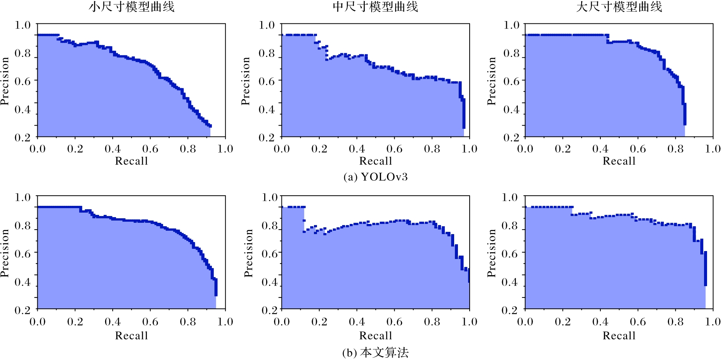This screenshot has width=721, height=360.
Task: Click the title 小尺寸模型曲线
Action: [x=132, y=7]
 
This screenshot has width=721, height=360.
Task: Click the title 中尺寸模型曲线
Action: [x=375, y=7]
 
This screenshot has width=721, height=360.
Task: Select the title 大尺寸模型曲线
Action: [x=619, y=7]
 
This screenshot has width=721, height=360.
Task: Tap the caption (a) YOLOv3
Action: [x=375, y=177]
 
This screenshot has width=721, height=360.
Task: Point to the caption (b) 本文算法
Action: [x=375, y=353]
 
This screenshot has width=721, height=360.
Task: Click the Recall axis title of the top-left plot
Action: [x=131, y=161]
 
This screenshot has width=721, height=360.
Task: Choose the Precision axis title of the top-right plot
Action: [x=491, y=81]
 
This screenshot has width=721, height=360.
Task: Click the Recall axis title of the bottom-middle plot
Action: [x=375, y=335]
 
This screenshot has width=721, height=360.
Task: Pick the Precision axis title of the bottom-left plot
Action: [x=5, y=253]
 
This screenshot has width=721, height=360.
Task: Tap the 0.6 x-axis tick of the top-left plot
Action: [x=150, y=149]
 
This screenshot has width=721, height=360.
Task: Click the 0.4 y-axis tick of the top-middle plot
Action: [x=266, y=109]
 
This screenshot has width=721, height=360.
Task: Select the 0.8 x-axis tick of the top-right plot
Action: [x=675, y=149]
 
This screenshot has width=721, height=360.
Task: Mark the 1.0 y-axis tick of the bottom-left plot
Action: [x=23, y=197]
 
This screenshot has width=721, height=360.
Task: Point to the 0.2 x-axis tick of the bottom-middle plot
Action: [x=319, y=322]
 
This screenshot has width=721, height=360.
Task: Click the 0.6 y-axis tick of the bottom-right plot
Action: [x=510, y=253]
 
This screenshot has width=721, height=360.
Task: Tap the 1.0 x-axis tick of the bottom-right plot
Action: [x=713, y=322]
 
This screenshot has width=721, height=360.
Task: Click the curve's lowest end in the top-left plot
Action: [x=210, y=126]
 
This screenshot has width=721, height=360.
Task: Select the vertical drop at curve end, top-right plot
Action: [x=684, y=113]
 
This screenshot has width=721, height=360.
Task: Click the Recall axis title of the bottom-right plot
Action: [x=619, y=335]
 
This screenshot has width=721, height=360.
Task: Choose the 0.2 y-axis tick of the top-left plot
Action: [x=23, y=137]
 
